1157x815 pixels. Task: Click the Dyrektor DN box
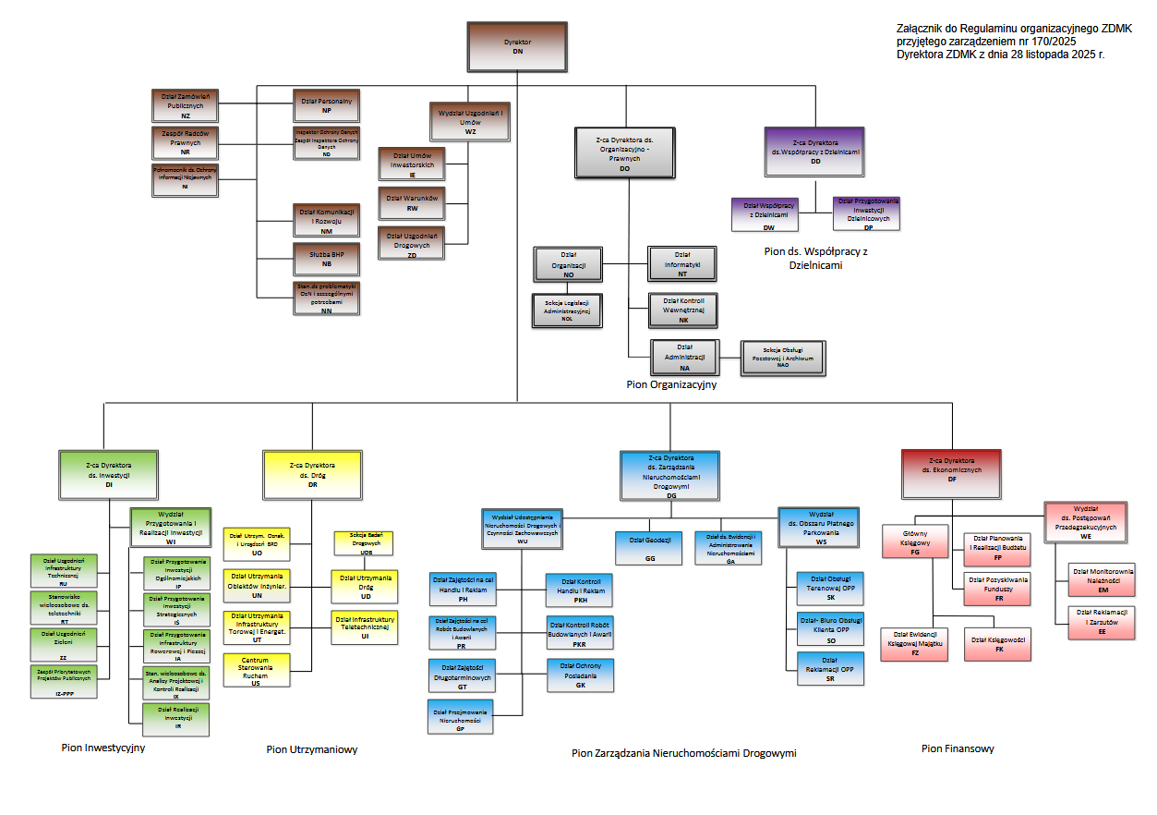point(517,46)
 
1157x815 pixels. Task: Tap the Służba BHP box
point(326,259)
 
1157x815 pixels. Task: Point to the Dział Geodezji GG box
point(650,548)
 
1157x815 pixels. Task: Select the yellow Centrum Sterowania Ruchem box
point(256,670)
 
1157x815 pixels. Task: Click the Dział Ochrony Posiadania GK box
point(580,675)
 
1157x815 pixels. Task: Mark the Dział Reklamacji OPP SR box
point(830,669)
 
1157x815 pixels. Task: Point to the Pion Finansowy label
point(958,748)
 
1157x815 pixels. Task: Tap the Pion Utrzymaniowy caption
point(311,749)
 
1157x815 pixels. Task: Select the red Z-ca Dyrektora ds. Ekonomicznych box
point(951,474)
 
